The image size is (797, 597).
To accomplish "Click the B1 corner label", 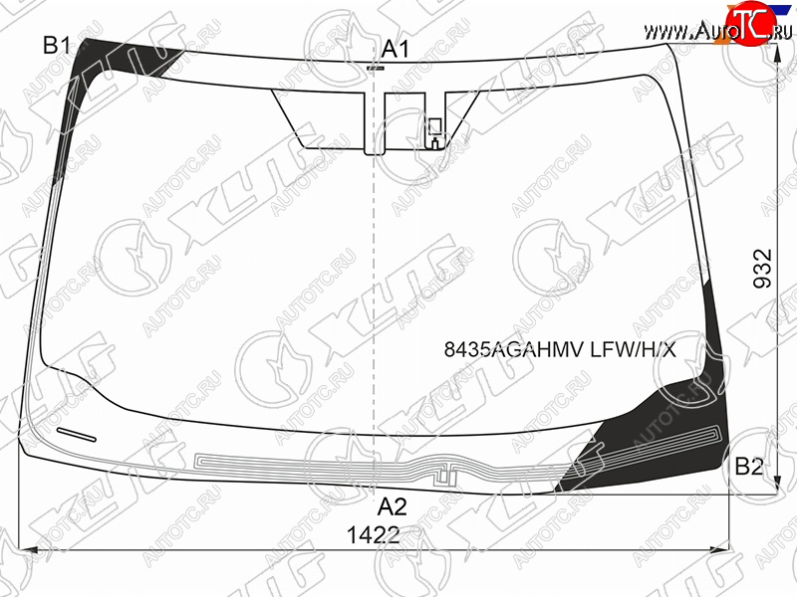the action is (57, 46).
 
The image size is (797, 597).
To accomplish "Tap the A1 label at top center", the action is (395, 50).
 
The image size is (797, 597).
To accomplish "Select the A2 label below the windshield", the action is (392, 506).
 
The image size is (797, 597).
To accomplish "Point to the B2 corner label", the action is (749, 466).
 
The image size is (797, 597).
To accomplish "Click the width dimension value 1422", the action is (373, 535).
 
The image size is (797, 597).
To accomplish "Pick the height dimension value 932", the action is (762, 269).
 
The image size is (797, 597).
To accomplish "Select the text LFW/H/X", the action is (633, 349).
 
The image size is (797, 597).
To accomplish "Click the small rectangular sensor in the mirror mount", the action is (435, 127).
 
